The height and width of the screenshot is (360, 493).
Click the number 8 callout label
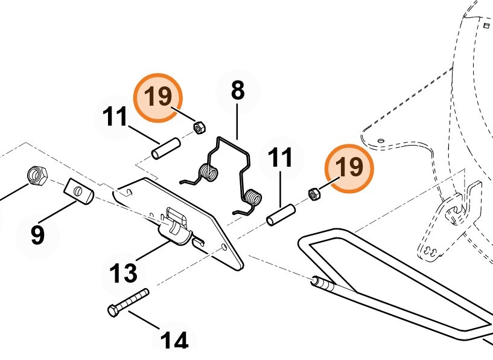pyautogui.click(x=238, y=91)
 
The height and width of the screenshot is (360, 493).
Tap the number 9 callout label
pyautogui.click(x=37, y=234)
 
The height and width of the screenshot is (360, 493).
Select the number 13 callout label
pyautogui.click(x=124, y=273)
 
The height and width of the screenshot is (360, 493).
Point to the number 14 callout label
pyautogui.click(x=174, y=341)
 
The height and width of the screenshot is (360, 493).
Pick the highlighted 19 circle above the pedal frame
pyautogui.click(x=349, y=167)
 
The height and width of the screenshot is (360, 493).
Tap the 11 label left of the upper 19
pyautogui.click(x=115, y=117)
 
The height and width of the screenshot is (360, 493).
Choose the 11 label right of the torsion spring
pyautogui.click(x=280, y=158)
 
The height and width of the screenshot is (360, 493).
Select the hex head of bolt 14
pyautogui.click(x=113, y=310)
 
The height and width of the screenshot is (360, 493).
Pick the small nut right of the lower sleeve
pyautogui.click(x=314, y=194)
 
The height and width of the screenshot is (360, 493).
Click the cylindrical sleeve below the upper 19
pyautogui.click(x=166, y=149)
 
